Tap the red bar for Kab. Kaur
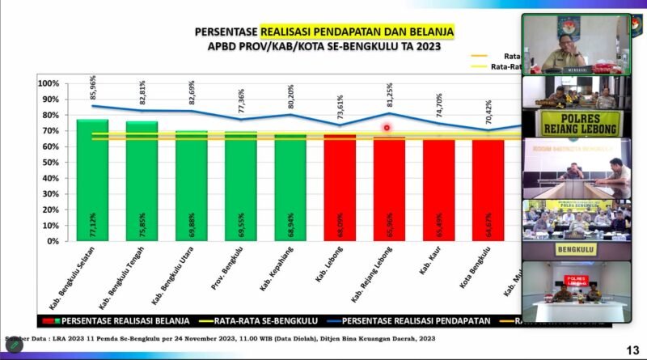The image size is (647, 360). (x=438, y=190)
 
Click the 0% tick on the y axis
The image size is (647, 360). (x=52, y=241)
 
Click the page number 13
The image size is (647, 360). (x=632, y=349)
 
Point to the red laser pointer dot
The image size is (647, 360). (x=387, y=128)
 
